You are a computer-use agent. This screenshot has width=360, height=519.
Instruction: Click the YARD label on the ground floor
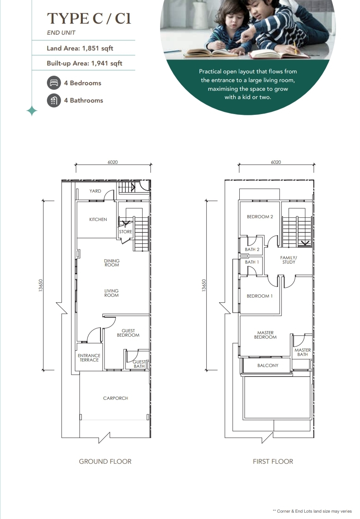click(95, 191)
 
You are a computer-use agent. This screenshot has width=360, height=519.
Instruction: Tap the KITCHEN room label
click(98, 219)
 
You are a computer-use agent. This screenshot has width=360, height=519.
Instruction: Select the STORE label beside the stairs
click(125, 232)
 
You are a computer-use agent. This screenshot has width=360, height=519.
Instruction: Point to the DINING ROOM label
click(112, 263)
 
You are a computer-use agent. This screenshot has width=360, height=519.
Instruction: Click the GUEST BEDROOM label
click(128, 333)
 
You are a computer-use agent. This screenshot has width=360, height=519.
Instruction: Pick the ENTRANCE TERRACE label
click(89, 358)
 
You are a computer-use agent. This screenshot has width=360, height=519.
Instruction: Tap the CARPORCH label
click(116, 398)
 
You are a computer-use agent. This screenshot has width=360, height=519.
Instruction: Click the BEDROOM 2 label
click(260, 217)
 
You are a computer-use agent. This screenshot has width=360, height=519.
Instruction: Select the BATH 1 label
click(252, 262)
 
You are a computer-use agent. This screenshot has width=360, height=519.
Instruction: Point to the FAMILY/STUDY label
click(289, 260)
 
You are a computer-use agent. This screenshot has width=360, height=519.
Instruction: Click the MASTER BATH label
click(302, 352)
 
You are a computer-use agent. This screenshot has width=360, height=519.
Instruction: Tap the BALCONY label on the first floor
click(268, 365)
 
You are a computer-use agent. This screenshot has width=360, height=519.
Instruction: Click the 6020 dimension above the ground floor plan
click(113, 162)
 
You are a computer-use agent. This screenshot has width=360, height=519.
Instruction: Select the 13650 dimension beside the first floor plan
click(204, 285)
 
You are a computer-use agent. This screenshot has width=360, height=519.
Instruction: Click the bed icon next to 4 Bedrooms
click(54, 83)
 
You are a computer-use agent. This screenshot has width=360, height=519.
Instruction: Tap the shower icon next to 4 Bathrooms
click(54, 100)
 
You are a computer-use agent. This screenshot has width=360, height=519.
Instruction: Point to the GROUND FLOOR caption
click(105, 461)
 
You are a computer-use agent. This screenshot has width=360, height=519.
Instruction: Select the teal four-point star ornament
click(32, 111)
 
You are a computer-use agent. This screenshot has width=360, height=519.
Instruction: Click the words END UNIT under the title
click(61, 33)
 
